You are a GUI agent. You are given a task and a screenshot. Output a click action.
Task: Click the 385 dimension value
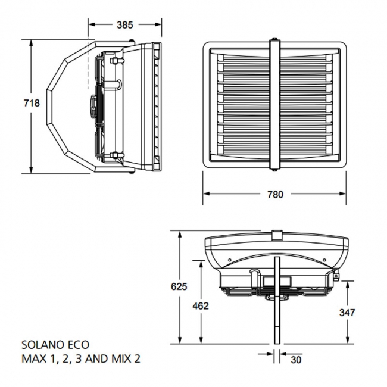tap(125, 24)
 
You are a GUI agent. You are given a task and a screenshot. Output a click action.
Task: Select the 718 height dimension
tap(31, 103)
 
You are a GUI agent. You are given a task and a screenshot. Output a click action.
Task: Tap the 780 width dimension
tap(275, 194)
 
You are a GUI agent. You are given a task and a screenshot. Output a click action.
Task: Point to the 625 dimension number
tap(179, 286)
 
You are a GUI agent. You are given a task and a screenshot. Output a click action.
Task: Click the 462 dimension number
tap(201, 306)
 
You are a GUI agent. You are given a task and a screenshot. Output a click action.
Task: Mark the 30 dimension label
tap(297, 360)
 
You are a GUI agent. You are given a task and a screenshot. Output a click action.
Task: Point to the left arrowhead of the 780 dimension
tap(206, 193)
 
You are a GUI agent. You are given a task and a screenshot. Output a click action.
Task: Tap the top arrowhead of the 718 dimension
tap(32, 43)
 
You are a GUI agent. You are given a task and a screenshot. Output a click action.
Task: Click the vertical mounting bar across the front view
tap(275, 104)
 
